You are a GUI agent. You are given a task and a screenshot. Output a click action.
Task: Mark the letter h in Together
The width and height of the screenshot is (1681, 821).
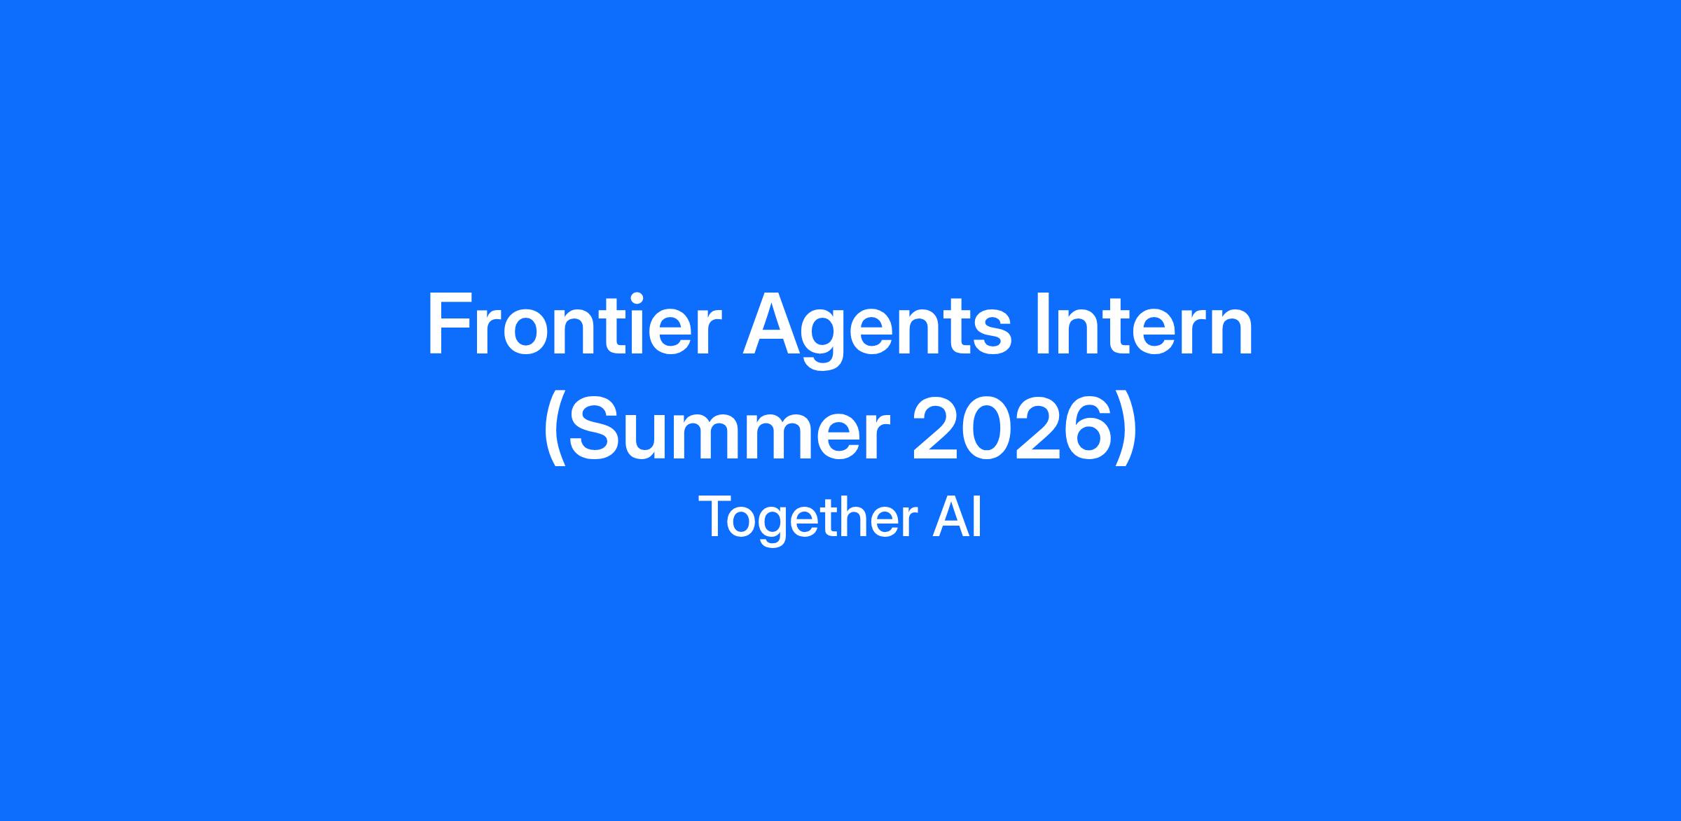tap(852, 517)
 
